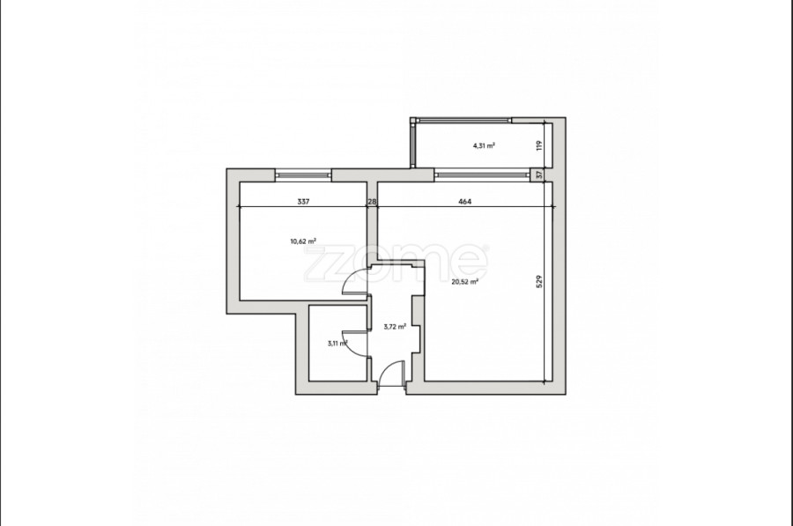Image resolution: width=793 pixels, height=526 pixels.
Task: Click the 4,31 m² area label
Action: [x=484, y=145]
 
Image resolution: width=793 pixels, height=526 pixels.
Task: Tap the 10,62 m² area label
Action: [x=303, y=241]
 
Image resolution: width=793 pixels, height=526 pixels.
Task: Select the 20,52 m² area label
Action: [x=464, y=282]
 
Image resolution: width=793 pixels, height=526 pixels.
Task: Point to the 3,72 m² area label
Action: [x=395, y=327]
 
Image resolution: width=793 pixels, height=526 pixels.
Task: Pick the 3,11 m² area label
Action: [x=337, y=343]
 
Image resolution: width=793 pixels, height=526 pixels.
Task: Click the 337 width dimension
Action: [x=303, y=201]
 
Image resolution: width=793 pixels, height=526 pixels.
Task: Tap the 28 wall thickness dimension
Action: [x=372, y=201]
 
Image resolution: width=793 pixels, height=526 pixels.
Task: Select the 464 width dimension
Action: [x=464, y=201]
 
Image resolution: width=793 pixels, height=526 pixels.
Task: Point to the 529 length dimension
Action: [x=539, y=282]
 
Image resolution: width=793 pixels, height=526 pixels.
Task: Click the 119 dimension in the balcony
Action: [x=539, y=145]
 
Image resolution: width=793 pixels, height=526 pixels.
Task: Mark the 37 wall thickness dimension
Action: [x=539, y=174]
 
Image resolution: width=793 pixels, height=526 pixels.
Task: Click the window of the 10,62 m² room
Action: [x=303, y=175]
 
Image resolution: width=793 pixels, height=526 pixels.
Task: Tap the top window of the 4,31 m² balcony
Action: [x=463, y=121]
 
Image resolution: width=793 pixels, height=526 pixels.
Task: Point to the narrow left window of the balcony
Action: [x=413, y=145]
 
